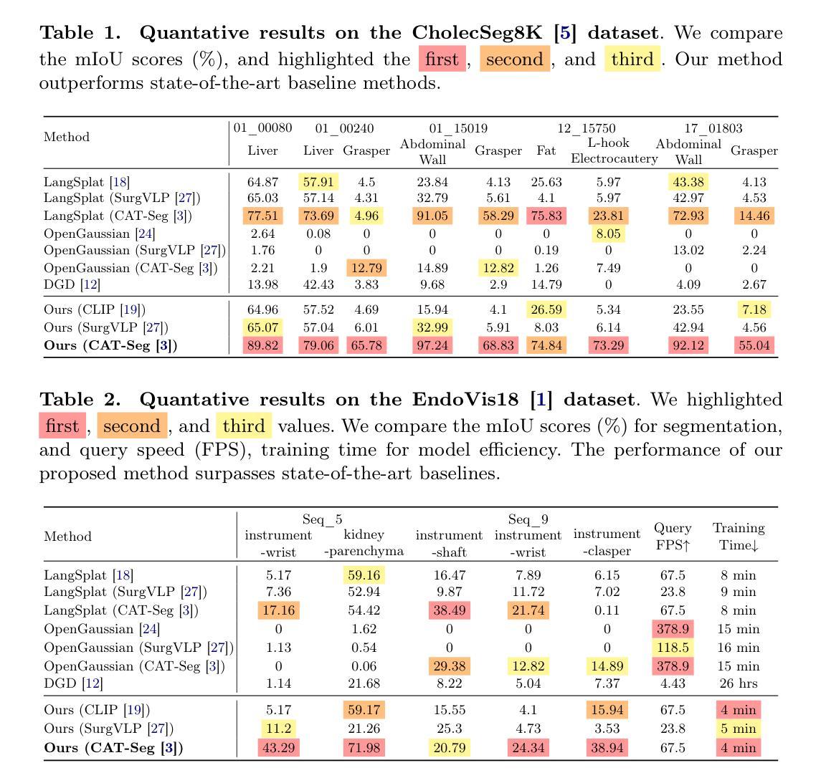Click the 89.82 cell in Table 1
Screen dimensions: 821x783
pyautogui.click(x=262, y=345)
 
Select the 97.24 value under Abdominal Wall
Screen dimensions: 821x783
pyautogui.click(x=432, y=345)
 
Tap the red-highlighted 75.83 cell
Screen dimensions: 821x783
pyautogui.click(x=546, y=216)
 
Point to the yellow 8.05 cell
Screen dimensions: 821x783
pyautogui.click(x=608, y=234)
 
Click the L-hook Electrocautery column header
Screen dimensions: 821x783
pyautogui.click(x=614, y=150)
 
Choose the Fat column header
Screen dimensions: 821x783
pyautogui.click(x=546, y=150)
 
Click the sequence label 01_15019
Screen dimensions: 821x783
pyautogui.click(x=458, y=129)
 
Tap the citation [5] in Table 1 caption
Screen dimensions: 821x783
pyautogui.click(x=565, y=32)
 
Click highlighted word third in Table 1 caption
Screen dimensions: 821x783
pyautogui.click(x=632, y=59)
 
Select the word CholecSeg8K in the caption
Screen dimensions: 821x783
pyautogui.click(x=477, y=32)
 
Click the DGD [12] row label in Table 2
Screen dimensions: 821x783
pyautogui.click(x=73, y=683)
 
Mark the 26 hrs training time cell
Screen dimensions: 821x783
pyautogui.click(x=739, y=683)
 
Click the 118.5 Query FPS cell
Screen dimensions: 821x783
pyautogui.click(x=673, y=648)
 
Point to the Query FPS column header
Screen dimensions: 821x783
pyautogui.click(x=673, y=536)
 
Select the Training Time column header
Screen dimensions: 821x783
pyautogui.click(x=739, y=536)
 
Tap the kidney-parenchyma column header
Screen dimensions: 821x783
pyautogui.click(x=364, y=543)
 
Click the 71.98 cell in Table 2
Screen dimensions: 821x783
pyautogui.click(x=364, y=748)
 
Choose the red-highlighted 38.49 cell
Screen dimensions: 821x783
pyautogui.click(x=450, y=610)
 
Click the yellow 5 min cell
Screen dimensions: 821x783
pyautogui.click(x=739, y=728)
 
